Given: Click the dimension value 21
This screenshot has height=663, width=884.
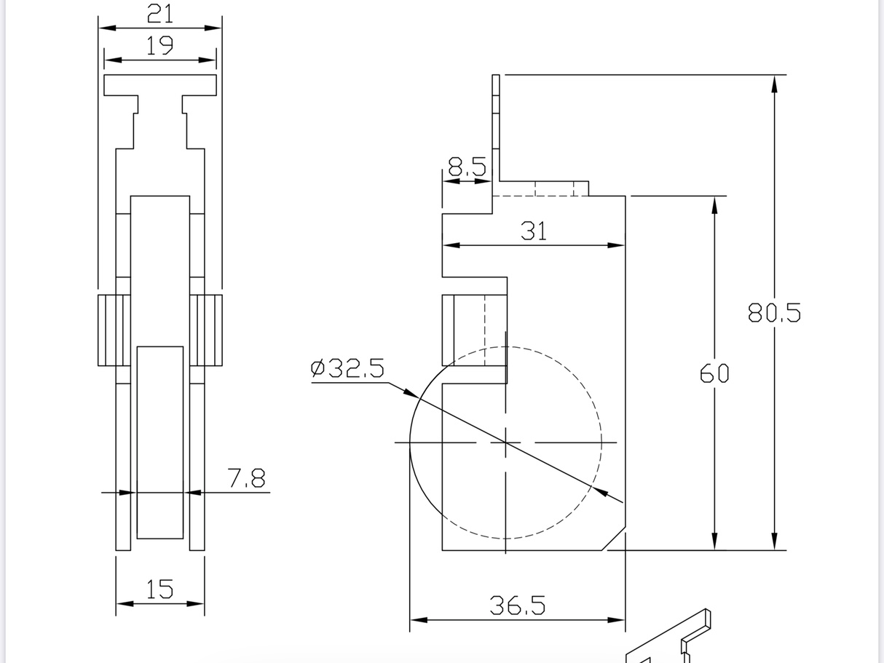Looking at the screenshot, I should click(x=159, y=13).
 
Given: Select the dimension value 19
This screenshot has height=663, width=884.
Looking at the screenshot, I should click(x=159, y=46).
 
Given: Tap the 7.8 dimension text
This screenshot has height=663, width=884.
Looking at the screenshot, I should click(x=246, y=478).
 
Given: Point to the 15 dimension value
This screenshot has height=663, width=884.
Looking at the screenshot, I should click(x=159, y=589).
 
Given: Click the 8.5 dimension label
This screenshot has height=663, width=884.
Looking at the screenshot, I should click(x=467, y=167).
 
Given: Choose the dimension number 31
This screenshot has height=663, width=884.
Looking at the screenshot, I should click(x=534, y=231).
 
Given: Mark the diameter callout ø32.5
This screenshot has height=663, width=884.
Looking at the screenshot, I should click(x=347, y=369).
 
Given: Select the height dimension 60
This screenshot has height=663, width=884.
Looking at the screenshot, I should click(x=714, y=373).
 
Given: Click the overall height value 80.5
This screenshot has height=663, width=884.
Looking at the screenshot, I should click(x=774, y=313).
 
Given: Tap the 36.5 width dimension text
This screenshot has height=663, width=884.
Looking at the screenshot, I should click(x=517, y=606).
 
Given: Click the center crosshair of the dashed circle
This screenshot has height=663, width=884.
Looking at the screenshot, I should click(x=505, y=442).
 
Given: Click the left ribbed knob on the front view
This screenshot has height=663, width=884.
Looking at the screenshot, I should click(x=114, y=330).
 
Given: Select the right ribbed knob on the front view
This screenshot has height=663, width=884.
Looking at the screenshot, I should click(x=206, y=330).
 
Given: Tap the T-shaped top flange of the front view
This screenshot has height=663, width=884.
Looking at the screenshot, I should click(x=160, y=85).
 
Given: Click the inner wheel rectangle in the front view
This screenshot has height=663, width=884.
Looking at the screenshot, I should click(x=159, y=442).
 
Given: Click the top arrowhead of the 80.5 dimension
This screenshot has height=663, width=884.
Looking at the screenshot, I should click(x=774, y=84).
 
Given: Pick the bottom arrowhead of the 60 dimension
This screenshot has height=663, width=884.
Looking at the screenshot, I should click(x=714, y=541).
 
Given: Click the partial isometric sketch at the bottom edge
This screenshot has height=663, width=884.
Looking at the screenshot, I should click(x=670, y=640).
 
